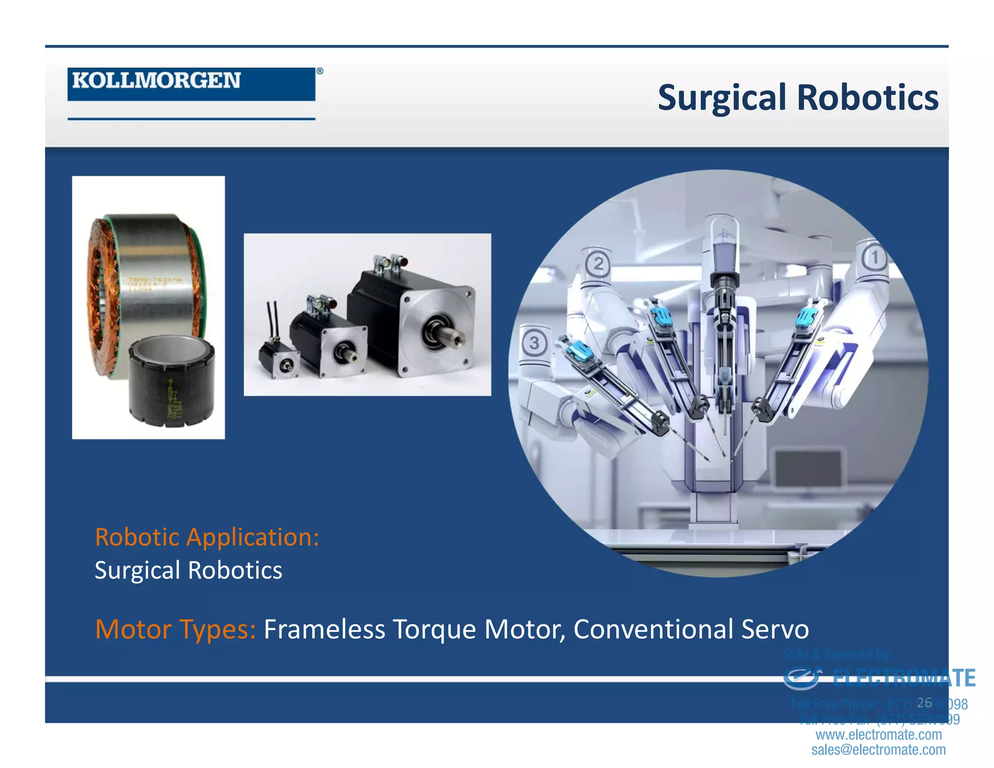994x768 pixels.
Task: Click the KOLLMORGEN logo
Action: coord(191,83)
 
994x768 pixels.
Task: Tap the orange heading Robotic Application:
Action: coord(207,537)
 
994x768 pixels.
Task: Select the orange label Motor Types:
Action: coord(175,629)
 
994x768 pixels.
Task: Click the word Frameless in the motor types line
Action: coord(324,629)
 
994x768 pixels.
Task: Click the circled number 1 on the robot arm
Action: coord(875,258)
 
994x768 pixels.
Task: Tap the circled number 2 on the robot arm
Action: coord(598,265)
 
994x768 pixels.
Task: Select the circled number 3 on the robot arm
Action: coord(534,343)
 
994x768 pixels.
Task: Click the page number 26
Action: coord(925,702)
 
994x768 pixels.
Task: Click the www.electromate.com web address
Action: coord(878,735)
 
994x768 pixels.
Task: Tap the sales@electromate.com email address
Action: coord(878,750)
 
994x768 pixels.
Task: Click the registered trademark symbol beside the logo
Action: coord(320,71)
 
